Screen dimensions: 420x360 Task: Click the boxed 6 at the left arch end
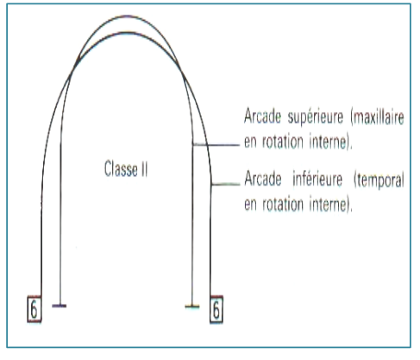(x=34, y=309)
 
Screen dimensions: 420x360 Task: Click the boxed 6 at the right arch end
(x=216, y=309)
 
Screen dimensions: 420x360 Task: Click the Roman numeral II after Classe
(x=145, y=168)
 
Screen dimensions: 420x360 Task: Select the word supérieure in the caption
(x=316, y=117)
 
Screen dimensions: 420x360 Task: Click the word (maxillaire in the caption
(x=377, y=117)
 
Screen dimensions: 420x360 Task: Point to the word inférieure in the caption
(x=317, y=179)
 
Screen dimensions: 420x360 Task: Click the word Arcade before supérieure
(x=262, y=116)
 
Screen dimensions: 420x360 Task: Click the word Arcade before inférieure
(x=263, y=179)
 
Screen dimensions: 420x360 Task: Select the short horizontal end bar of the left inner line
(x=60, y=306)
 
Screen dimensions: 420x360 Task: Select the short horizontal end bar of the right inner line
(x=192, y=306)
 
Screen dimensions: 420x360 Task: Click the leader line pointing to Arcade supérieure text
(x=216, y=145)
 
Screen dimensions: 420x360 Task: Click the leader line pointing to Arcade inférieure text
(x=225, y=184)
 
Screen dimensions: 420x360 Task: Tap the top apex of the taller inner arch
(x=128, y=16)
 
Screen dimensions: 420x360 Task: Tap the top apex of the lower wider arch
(x=129, y=33)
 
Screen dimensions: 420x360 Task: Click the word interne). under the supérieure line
(x=330, y=142)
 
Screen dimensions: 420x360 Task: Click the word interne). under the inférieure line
(x=330, y=205)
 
